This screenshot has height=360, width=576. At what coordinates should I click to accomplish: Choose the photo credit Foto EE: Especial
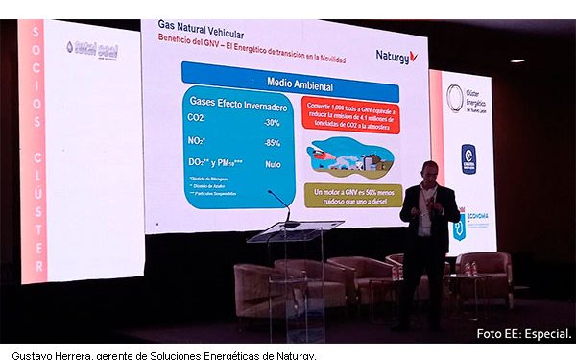pos(523,334)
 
